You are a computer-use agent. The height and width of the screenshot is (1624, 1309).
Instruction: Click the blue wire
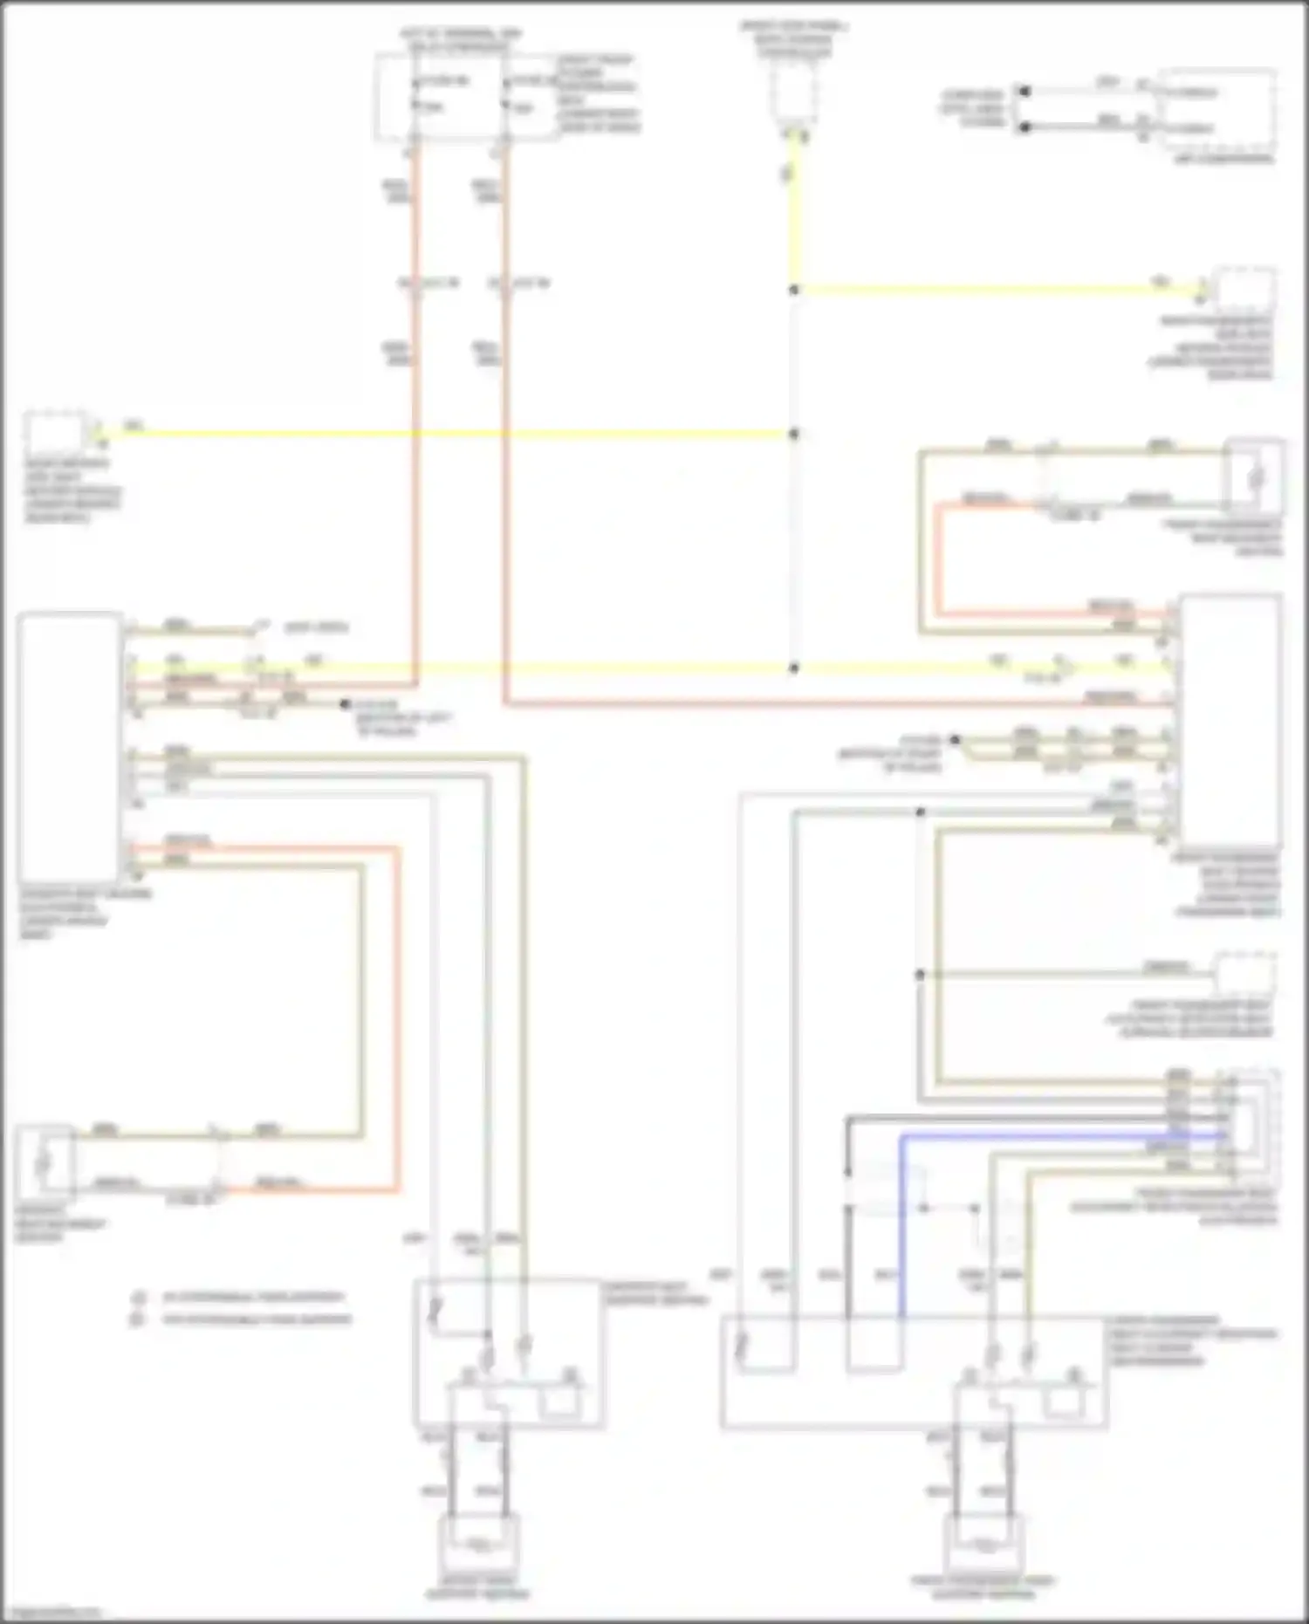click(x=1047, y=1136)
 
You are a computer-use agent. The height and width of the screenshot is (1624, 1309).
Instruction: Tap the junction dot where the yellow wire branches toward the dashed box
click(x=793, y=290)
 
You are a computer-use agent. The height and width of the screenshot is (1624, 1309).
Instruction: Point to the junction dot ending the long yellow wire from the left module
click(x=793, y=434)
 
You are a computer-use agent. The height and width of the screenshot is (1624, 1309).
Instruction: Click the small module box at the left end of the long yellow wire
click(x=54, y=431)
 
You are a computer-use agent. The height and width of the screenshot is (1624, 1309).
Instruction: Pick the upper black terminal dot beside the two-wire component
click(x=1025, y=91)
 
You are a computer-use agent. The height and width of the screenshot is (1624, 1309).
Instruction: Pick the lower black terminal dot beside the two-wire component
click(x=1025, y=127)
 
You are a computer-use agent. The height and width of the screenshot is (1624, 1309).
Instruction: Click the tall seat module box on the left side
click(x=69, y=746)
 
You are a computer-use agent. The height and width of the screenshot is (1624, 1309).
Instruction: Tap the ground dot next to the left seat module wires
click(x=346, y=703)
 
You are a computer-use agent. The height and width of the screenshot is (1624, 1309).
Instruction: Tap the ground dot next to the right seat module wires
click(x=956, y=740)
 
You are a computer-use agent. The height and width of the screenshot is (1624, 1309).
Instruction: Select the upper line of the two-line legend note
click(x=253, y=1298)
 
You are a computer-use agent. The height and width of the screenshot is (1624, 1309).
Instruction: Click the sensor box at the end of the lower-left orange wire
click(x=44, y=1163)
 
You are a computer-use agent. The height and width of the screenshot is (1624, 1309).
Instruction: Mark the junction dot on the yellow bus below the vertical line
click(x=793, y=668)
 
